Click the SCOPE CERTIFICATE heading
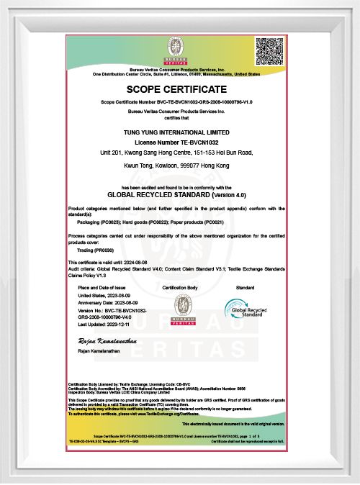[176, 89]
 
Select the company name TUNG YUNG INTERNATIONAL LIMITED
[176, 133]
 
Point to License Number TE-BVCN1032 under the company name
[176, 142]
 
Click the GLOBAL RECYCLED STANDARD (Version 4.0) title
[176, 194]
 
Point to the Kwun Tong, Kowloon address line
[176, 166]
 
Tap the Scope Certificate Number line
[176, 104]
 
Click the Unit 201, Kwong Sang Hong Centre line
[176, 153]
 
